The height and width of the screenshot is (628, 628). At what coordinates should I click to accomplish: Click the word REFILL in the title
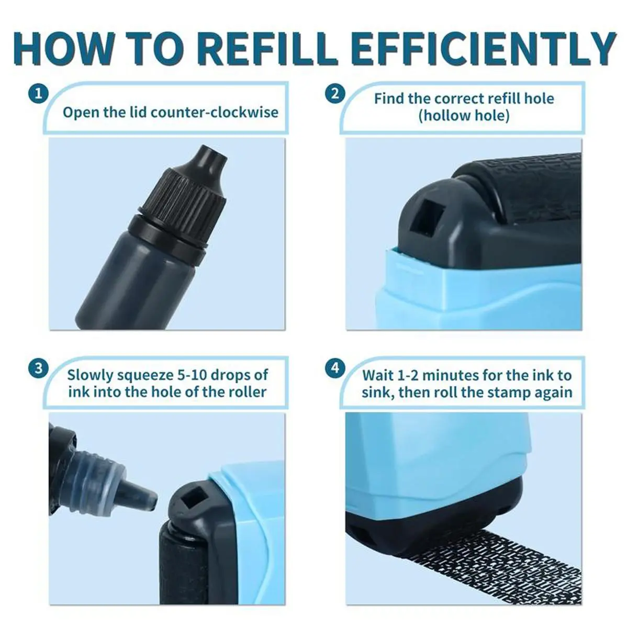click(x=266, y=49)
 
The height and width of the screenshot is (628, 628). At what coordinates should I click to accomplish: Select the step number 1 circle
click(x=38, y=94)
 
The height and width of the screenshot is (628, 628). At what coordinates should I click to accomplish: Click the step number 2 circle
click(x=335, y=94)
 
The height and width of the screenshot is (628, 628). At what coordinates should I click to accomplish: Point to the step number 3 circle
click(x=38, y=368)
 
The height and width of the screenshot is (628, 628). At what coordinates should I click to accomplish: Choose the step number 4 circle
click(x=335, y=368)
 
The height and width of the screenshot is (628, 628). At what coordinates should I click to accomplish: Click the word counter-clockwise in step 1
click(x=215, y=113)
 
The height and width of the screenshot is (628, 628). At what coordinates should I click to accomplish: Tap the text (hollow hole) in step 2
click(x=464, y=116)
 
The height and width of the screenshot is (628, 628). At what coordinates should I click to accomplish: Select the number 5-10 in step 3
click(x=192, y=375)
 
